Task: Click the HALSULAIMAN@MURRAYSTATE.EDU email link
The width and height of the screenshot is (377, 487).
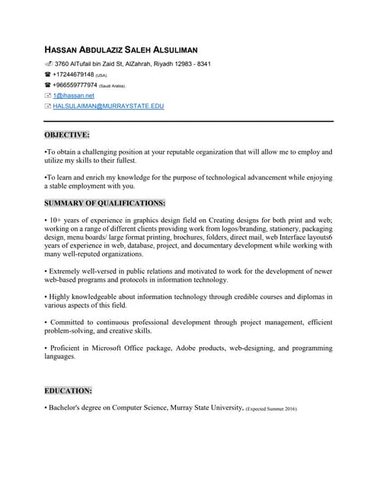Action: (108, 106)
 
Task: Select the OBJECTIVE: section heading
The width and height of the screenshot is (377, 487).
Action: (67, 135)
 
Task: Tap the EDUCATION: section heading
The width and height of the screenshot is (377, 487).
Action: (68, 390)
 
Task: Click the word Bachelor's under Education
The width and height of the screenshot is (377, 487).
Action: (70, 408)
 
